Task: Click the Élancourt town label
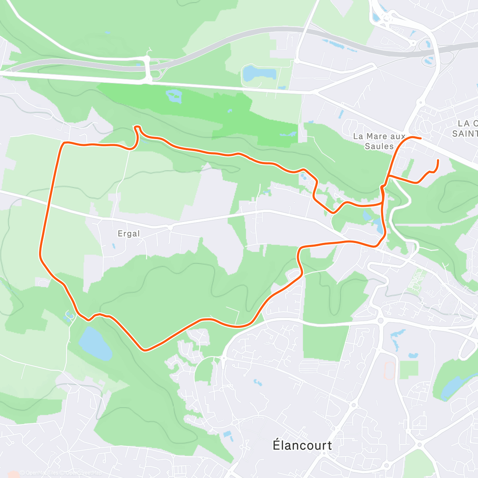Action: point(302,445)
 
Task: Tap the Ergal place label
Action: point(129,233)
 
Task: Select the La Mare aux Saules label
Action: point(379,141)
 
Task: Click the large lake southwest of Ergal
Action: point(95,343)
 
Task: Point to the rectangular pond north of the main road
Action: point(259,73)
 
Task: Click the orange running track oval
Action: point(389,370)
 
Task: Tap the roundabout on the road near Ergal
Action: point(170,228)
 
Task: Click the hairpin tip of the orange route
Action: point(137,127)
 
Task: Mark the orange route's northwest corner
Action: point(64,143)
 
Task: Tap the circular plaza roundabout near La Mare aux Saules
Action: point(426,127)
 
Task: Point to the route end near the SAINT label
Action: point(421,139)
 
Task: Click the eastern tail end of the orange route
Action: point(438,160)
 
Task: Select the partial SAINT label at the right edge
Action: point(465,133)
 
